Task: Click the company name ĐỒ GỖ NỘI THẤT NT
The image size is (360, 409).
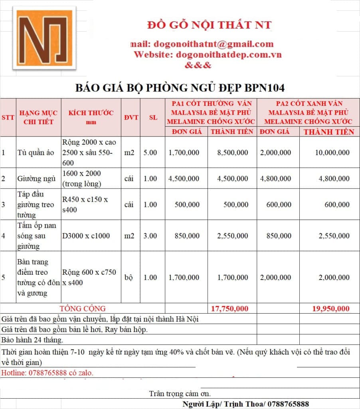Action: click(209, 25)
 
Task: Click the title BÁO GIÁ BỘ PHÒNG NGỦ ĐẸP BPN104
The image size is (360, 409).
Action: click(180, 88)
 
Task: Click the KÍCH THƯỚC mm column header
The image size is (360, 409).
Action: click(91, 117)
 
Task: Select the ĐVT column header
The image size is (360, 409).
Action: click(131, 117)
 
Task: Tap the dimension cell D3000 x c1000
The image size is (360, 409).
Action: click(85, 236)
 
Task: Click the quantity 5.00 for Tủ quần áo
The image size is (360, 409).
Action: click(150, 153)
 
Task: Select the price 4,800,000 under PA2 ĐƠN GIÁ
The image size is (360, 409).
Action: click(276, 179)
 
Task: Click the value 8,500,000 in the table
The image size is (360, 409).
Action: click(232, 153)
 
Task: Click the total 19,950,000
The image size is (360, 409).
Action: click(330, 308)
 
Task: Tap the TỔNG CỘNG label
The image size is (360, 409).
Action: click(83, 308)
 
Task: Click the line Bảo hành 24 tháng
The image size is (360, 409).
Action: click(32, 340)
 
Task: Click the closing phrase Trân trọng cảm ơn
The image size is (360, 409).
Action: click(180, 394)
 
